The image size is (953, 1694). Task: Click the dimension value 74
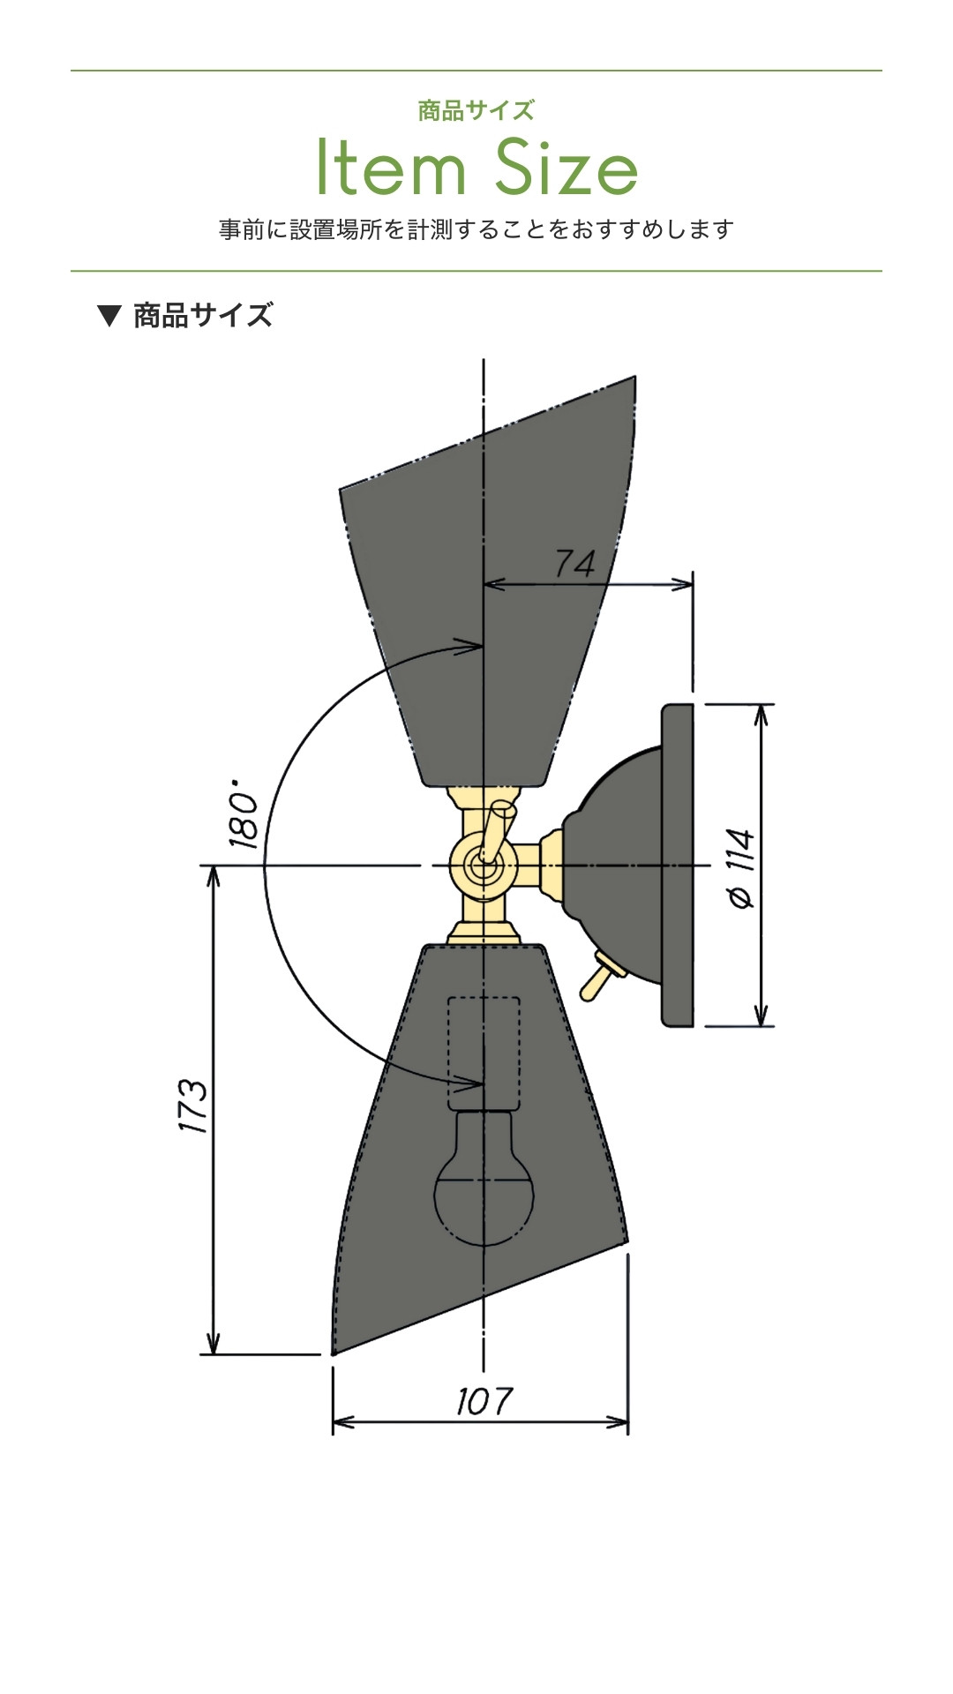pyautogui.click(x=575, y=563)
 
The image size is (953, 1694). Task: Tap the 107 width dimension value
pyautogui.click(x=484, y=1401)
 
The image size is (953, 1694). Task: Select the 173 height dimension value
pyautogui.click(x=192, y=1106)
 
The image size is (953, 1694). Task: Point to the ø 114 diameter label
pyautogui.click(x=741, y=868)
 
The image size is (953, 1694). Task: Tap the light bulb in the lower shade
pyautogui.click(x=484, y=1177)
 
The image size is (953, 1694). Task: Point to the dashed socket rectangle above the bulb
pyautogui.click(x=484, y=1052)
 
